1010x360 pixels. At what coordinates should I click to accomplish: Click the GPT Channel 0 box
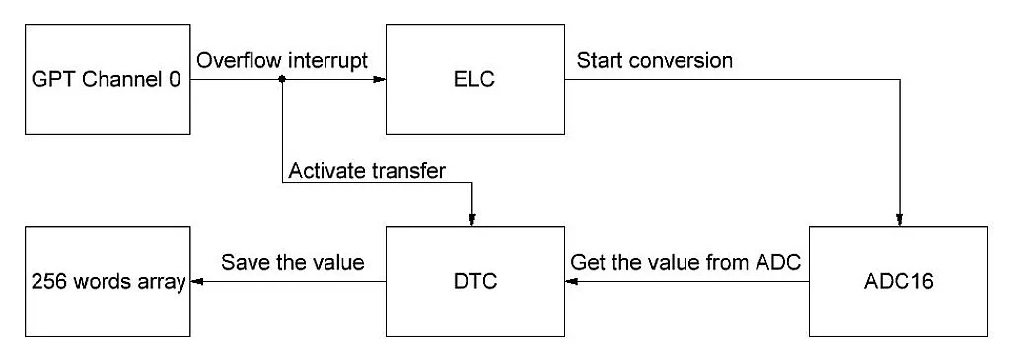pyautogui.click(x=106, y=81)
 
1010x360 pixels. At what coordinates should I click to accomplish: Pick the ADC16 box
pyautogui.click(x=898, y=281)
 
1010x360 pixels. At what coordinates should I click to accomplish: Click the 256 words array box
pyautogui.click(x=106, y=281)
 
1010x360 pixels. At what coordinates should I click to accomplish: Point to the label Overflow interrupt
pyautogui.click(x=282, y=60)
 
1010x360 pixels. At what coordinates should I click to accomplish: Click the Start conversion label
pyautogui.click(x=654, y=60)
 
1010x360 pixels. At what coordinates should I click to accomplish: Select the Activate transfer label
pyautogui.click(x=366, y=171)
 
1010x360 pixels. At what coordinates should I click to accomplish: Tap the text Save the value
pyautogui.click(x=292, y=263)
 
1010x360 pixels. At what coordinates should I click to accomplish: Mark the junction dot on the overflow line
pyautogui.click(x=282, y=80)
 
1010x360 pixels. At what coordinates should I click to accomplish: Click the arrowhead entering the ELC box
pyautogui.click(x=379, y=80)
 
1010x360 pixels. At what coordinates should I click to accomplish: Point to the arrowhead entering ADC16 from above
pyautogui.click(x=898, y=221)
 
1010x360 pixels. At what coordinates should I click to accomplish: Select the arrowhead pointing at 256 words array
pyautogui.click(x=194, y=281)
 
